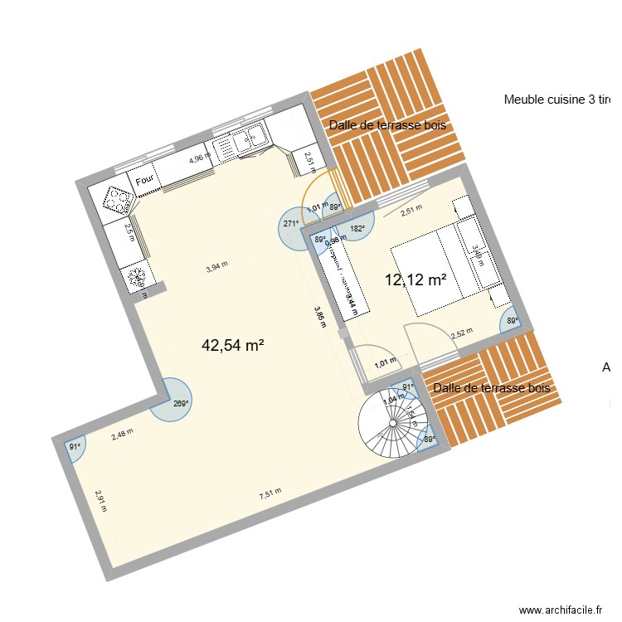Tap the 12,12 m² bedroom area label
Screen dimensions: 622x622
[415, 279]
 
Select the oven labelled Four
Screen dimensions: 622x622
[144, 180]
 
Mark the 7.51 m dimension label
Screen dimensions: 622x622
[270, 493]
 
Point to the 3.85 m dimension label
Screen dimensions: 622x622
[319, 318]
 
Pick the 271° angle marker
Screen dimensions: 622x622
[291, 223]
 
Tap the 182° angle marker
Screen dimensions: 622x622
[357, 228]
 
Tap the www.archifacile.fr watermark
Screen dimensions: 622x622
[561, 610]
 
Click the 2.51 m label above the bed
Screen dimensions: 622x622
[412, 211]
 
